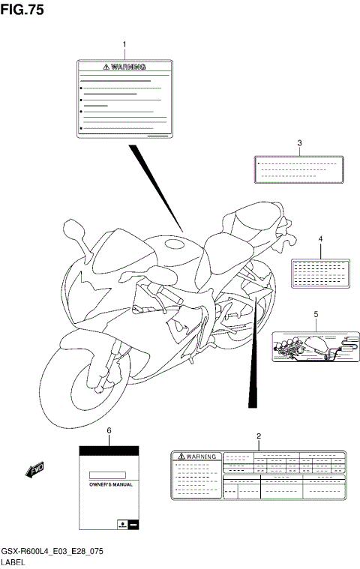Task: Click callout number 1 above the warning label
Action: pyautogui.click(x=124, y=45)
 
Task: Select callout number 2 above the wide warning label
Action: pyautogui.click(x=259, y=436)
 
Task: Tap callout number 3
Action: pyautogui.click(x=299, y=142)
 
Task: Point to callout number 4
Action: pyautogui.click(x=320, y=239)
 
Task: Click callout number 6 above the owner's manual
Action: pyautogui.click(x=109, y=430)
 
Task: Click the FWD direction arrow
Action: pyautogui.click(x=34, y=470)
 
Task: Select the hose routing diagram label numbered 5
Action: pyautogui.click(x=316, y=346)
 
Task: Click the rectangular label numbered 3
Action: pyautogui.click(x=299, y=169)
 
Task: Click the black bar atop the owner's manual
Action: pyautogui.click(x=109, y=450)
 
